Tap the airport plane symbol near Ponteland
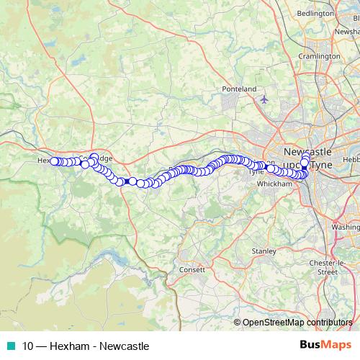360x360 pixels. click(264, 99)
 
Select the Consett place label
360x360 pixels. click(193, 269)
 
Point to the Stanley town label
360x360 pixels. click(264, 251)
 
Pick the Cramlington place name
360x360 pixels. click(320, 55)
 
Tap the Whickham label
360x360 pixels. click(274, 184)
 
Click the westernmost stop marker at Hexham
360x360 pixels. click(54, 161)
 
